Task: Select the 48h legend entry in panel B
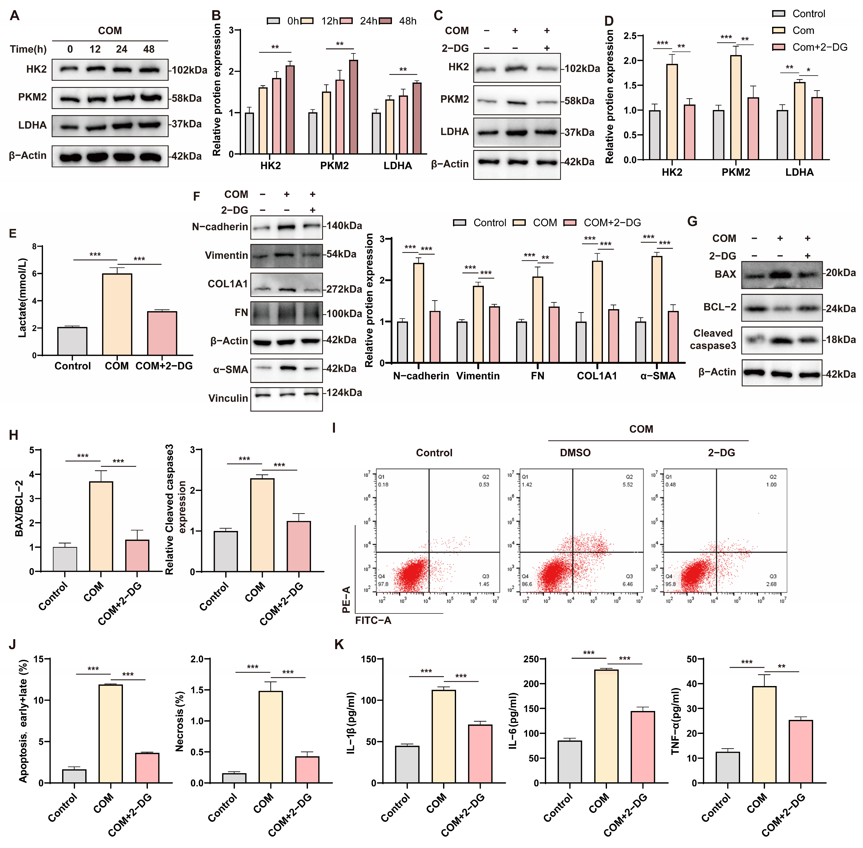pos(407,21)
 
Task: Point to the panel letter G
pos(692,221)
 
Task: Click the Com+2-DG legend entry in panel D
pos(819,47)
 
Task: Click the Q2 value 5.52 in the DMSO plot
pos(628,485)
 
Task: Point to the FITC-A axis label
pos(373,620)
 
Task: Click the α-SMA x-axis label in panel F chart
pos(658,376)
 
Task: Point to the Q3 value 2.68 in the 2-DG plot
pos(771,584)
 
